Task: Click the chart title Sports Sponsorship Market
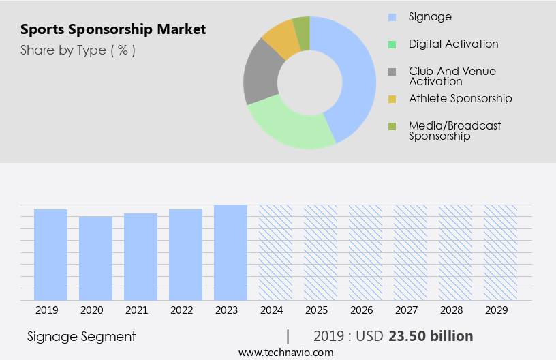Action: click(113, 29)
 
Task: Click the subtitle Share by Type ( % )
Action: click(78, 50)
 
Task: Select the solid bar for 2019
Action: click(51, 254)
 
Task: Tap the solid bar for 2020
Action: click(95, 258)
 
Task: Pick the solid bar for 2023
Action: click(230, 252)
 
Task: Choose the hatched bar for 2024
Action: click(275, 252)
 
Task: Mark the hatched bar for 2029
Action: click(500, 252)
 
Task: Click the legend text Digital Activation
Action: click(453, 44)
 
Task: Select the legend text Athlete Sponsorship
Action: click(460, 98)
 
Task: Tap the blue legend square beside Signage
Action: click(392, 17)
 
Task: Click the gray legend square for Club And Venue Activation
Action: click(392, 72)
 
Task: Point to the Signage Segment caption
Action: click(81, 336)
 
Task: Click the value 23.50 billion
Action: click(431, 336)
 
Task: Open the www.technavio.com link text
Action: click(285, 352)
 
